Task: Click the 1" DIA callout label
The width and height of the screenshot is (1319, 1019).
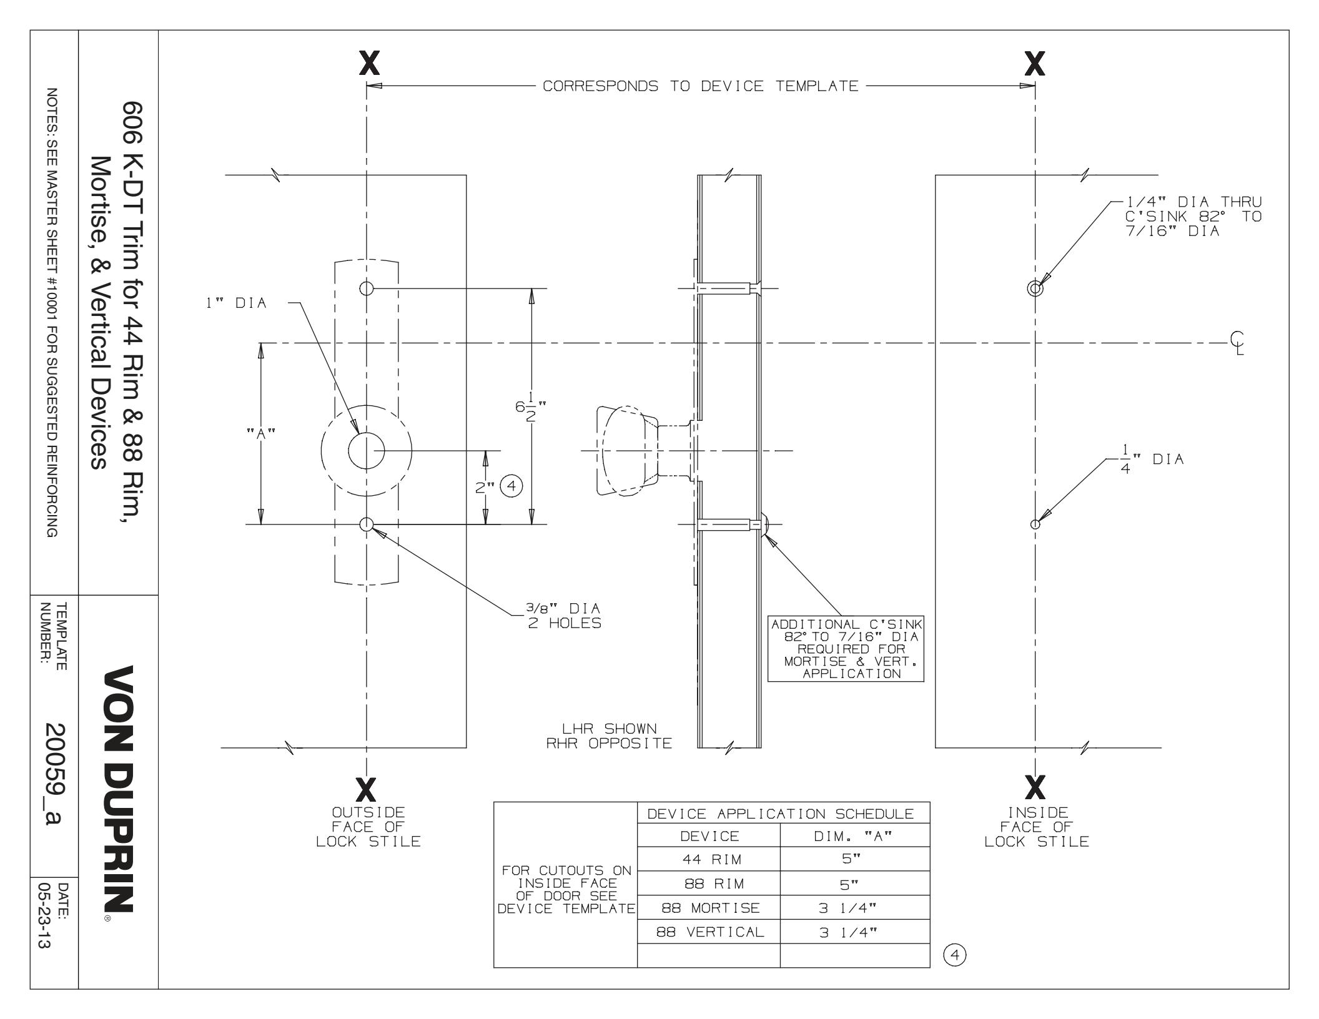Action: tap(237, 303)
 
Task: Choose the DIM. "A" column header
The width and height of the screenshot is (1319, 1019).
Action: tap(854, 836)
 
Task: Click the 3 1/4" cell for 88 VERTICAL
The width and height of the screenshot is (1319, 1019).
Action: tap(854, 932)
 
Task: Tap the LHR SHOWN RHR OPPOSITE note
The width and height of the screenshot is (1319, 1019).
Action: tap(609, 736)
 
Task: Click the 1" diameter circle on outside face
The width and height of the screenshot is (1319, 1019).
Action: tap(366, 450)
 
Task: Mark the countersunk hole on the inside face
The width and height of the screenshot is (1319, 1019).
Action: tap(1035, 288)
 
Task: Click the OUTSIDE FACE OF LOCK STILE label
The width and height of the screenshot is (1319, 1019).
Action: tap(368, 827)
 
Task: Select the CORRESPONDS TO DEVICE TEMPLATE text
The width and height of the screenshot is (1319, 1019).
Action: tap(700, 86)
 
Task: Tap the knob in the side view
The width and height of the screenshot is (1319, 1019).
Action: tap(625, 450)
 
